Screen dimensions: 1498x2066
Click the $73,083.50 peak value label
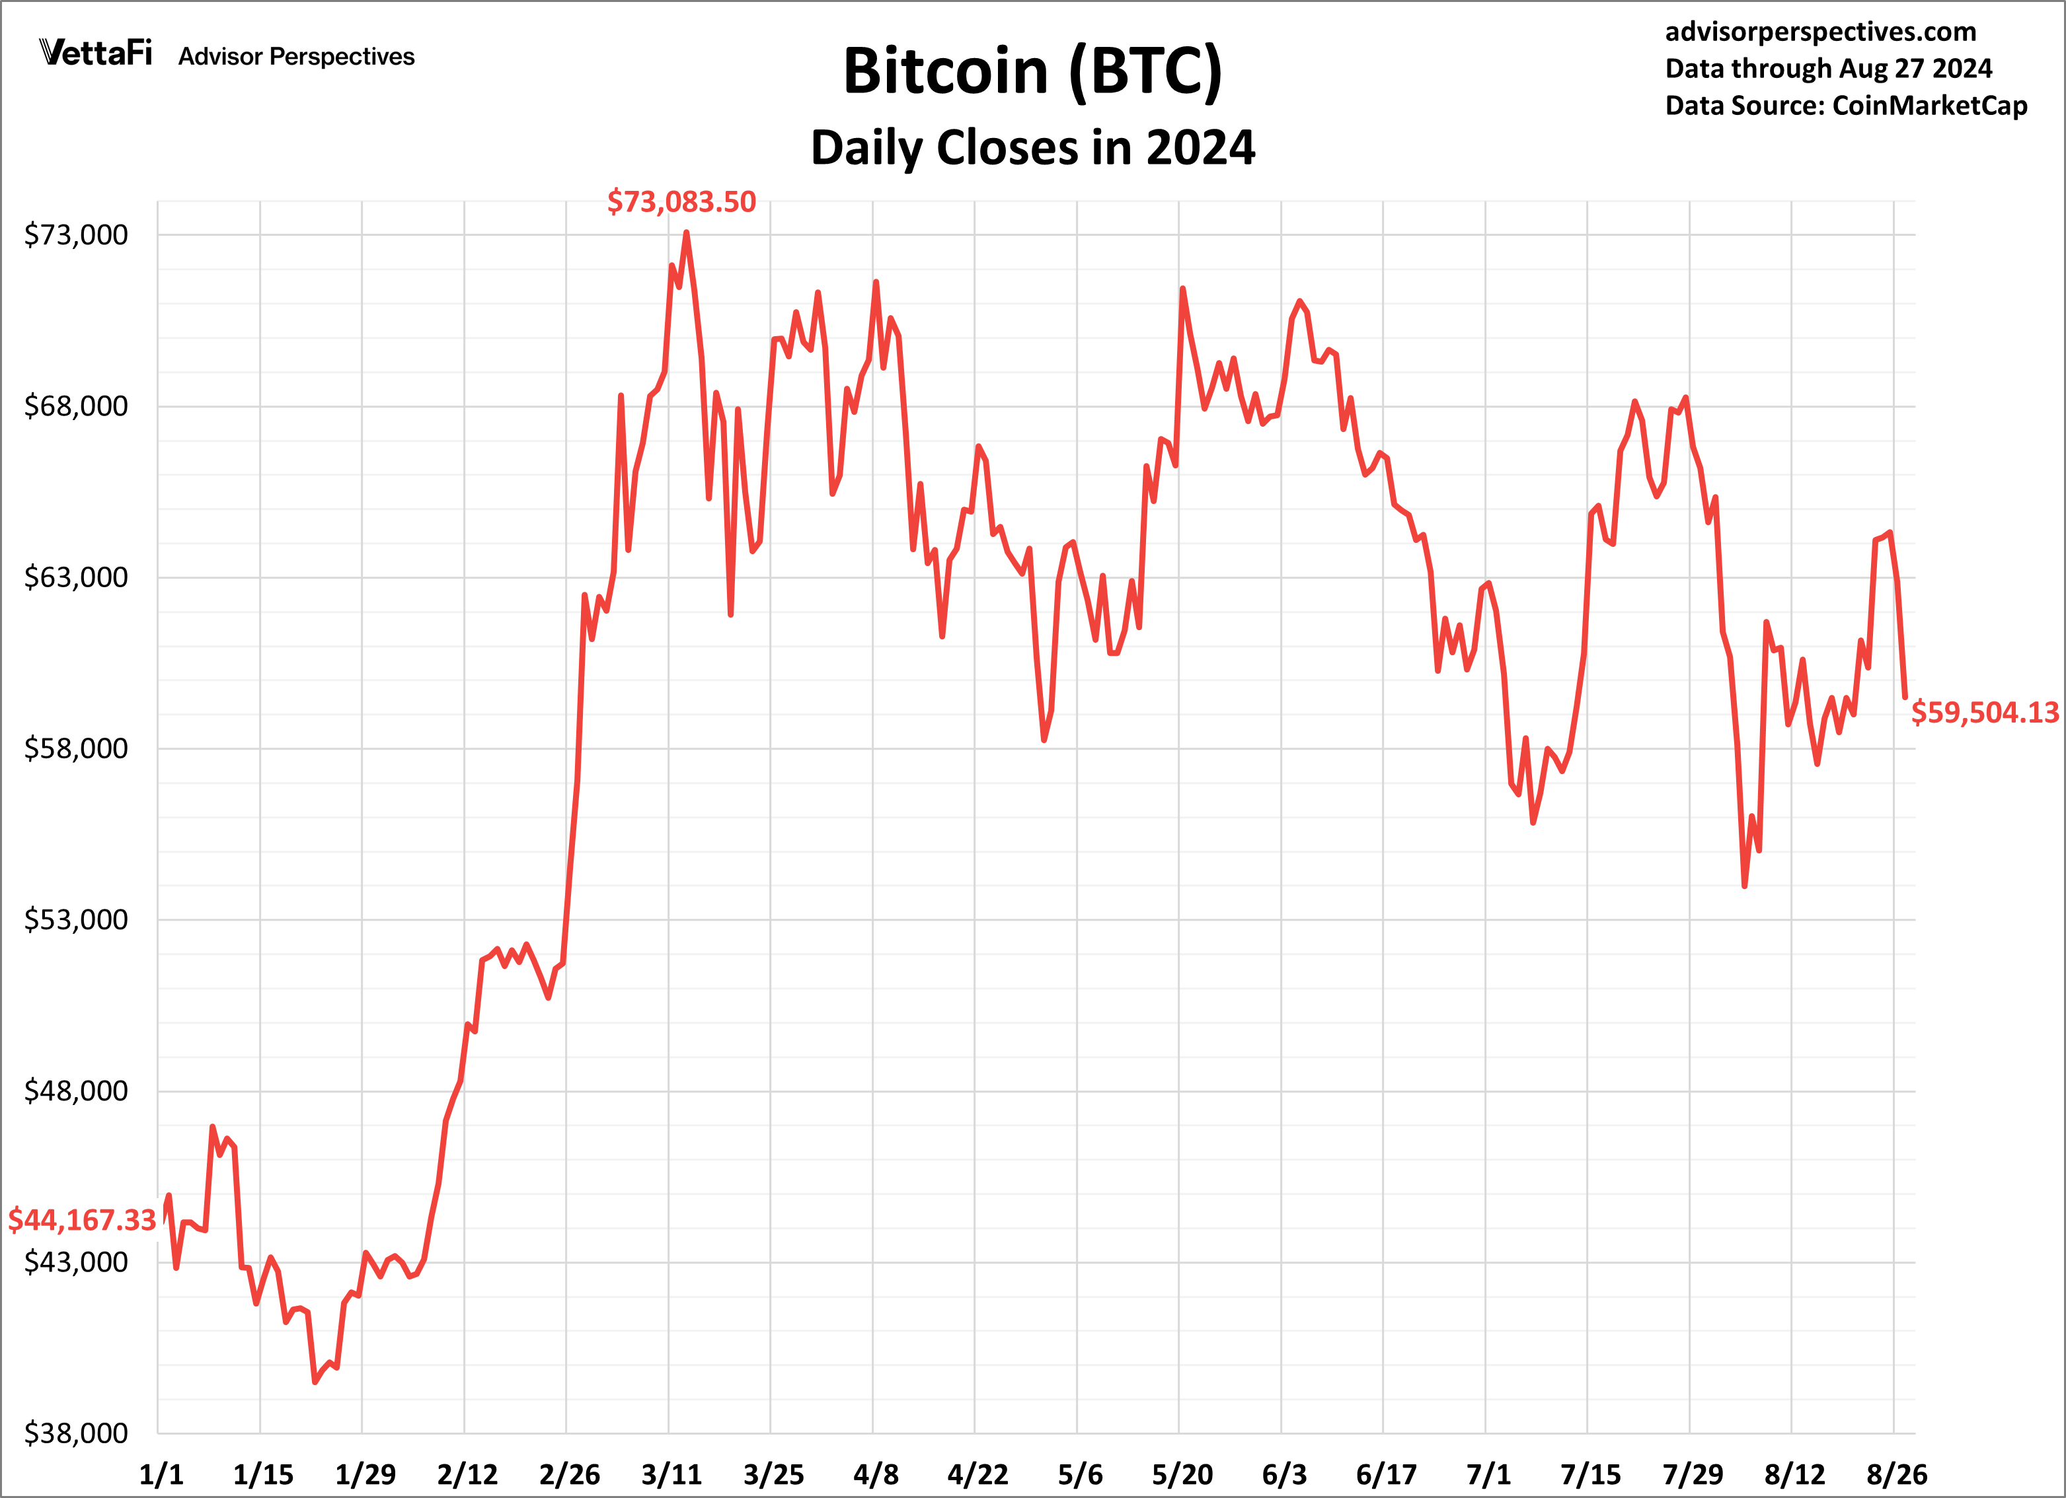(681, 201)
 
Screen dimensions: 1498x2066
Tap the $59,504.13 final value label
(1984, 712)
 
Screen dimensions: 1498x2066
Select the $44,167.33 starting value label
(82, 1219)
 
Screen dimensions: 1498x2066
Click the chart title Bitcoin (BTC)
(1032, 71)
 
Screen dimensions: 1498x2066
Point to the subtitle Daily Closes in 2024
(1032, 147)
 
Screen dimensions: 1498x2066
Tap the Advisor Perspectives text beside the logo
(296, 56)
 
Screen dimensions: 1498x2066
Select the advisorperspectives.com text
(1820, 32)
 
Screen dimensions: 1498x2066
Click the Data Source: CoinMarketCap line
(1845, 106)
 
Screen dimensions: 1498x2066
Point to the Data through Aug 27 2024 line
(1828, 68)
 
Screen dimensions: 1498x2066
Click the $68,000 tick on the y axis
(75, 406)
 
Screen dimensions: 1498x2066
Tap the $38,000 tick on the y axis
(75, 1433)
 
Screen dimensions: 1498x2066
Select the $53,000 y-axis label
(75, 920)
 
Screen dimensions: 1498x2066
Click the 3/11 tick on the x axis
(671, 1474)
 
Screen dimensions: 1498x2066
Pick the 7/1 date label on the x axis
(1488, 1474)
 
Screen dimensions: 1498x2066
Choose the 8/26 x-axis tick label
(1897, 1474)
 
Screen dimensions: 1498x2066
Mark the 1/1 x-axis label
(161, 1474)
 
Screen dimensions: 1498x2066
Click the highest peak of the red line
(686, 233)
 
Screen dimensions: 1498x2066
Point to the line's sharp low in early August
(1744, 885)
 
